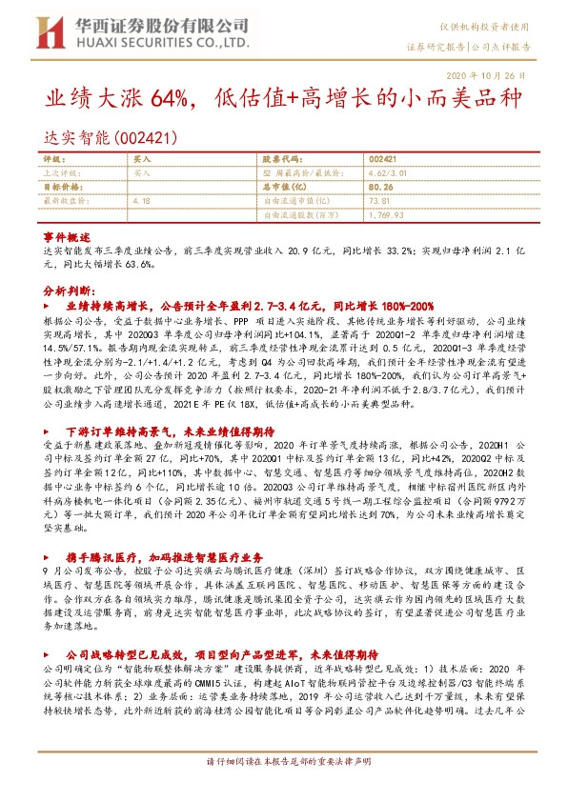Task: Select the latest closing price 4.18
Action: tap(143, 200)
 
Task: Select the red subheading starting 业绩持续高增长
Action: tap(250, 307)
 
